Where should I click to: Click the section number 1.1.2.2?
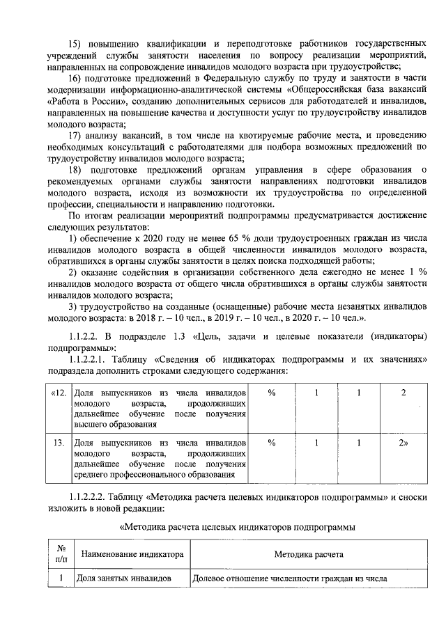[x=86, y=336]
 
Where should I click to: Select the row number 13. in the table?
[x=59, y=442]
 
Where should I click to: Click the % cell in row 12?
[x=272, y=393]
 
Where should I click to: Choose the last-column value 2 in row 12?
[x=403, y=393]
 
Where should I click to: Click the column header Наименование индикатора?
[x=132, y=555]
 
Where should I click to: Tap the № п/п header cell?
[x=61, y=555]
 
